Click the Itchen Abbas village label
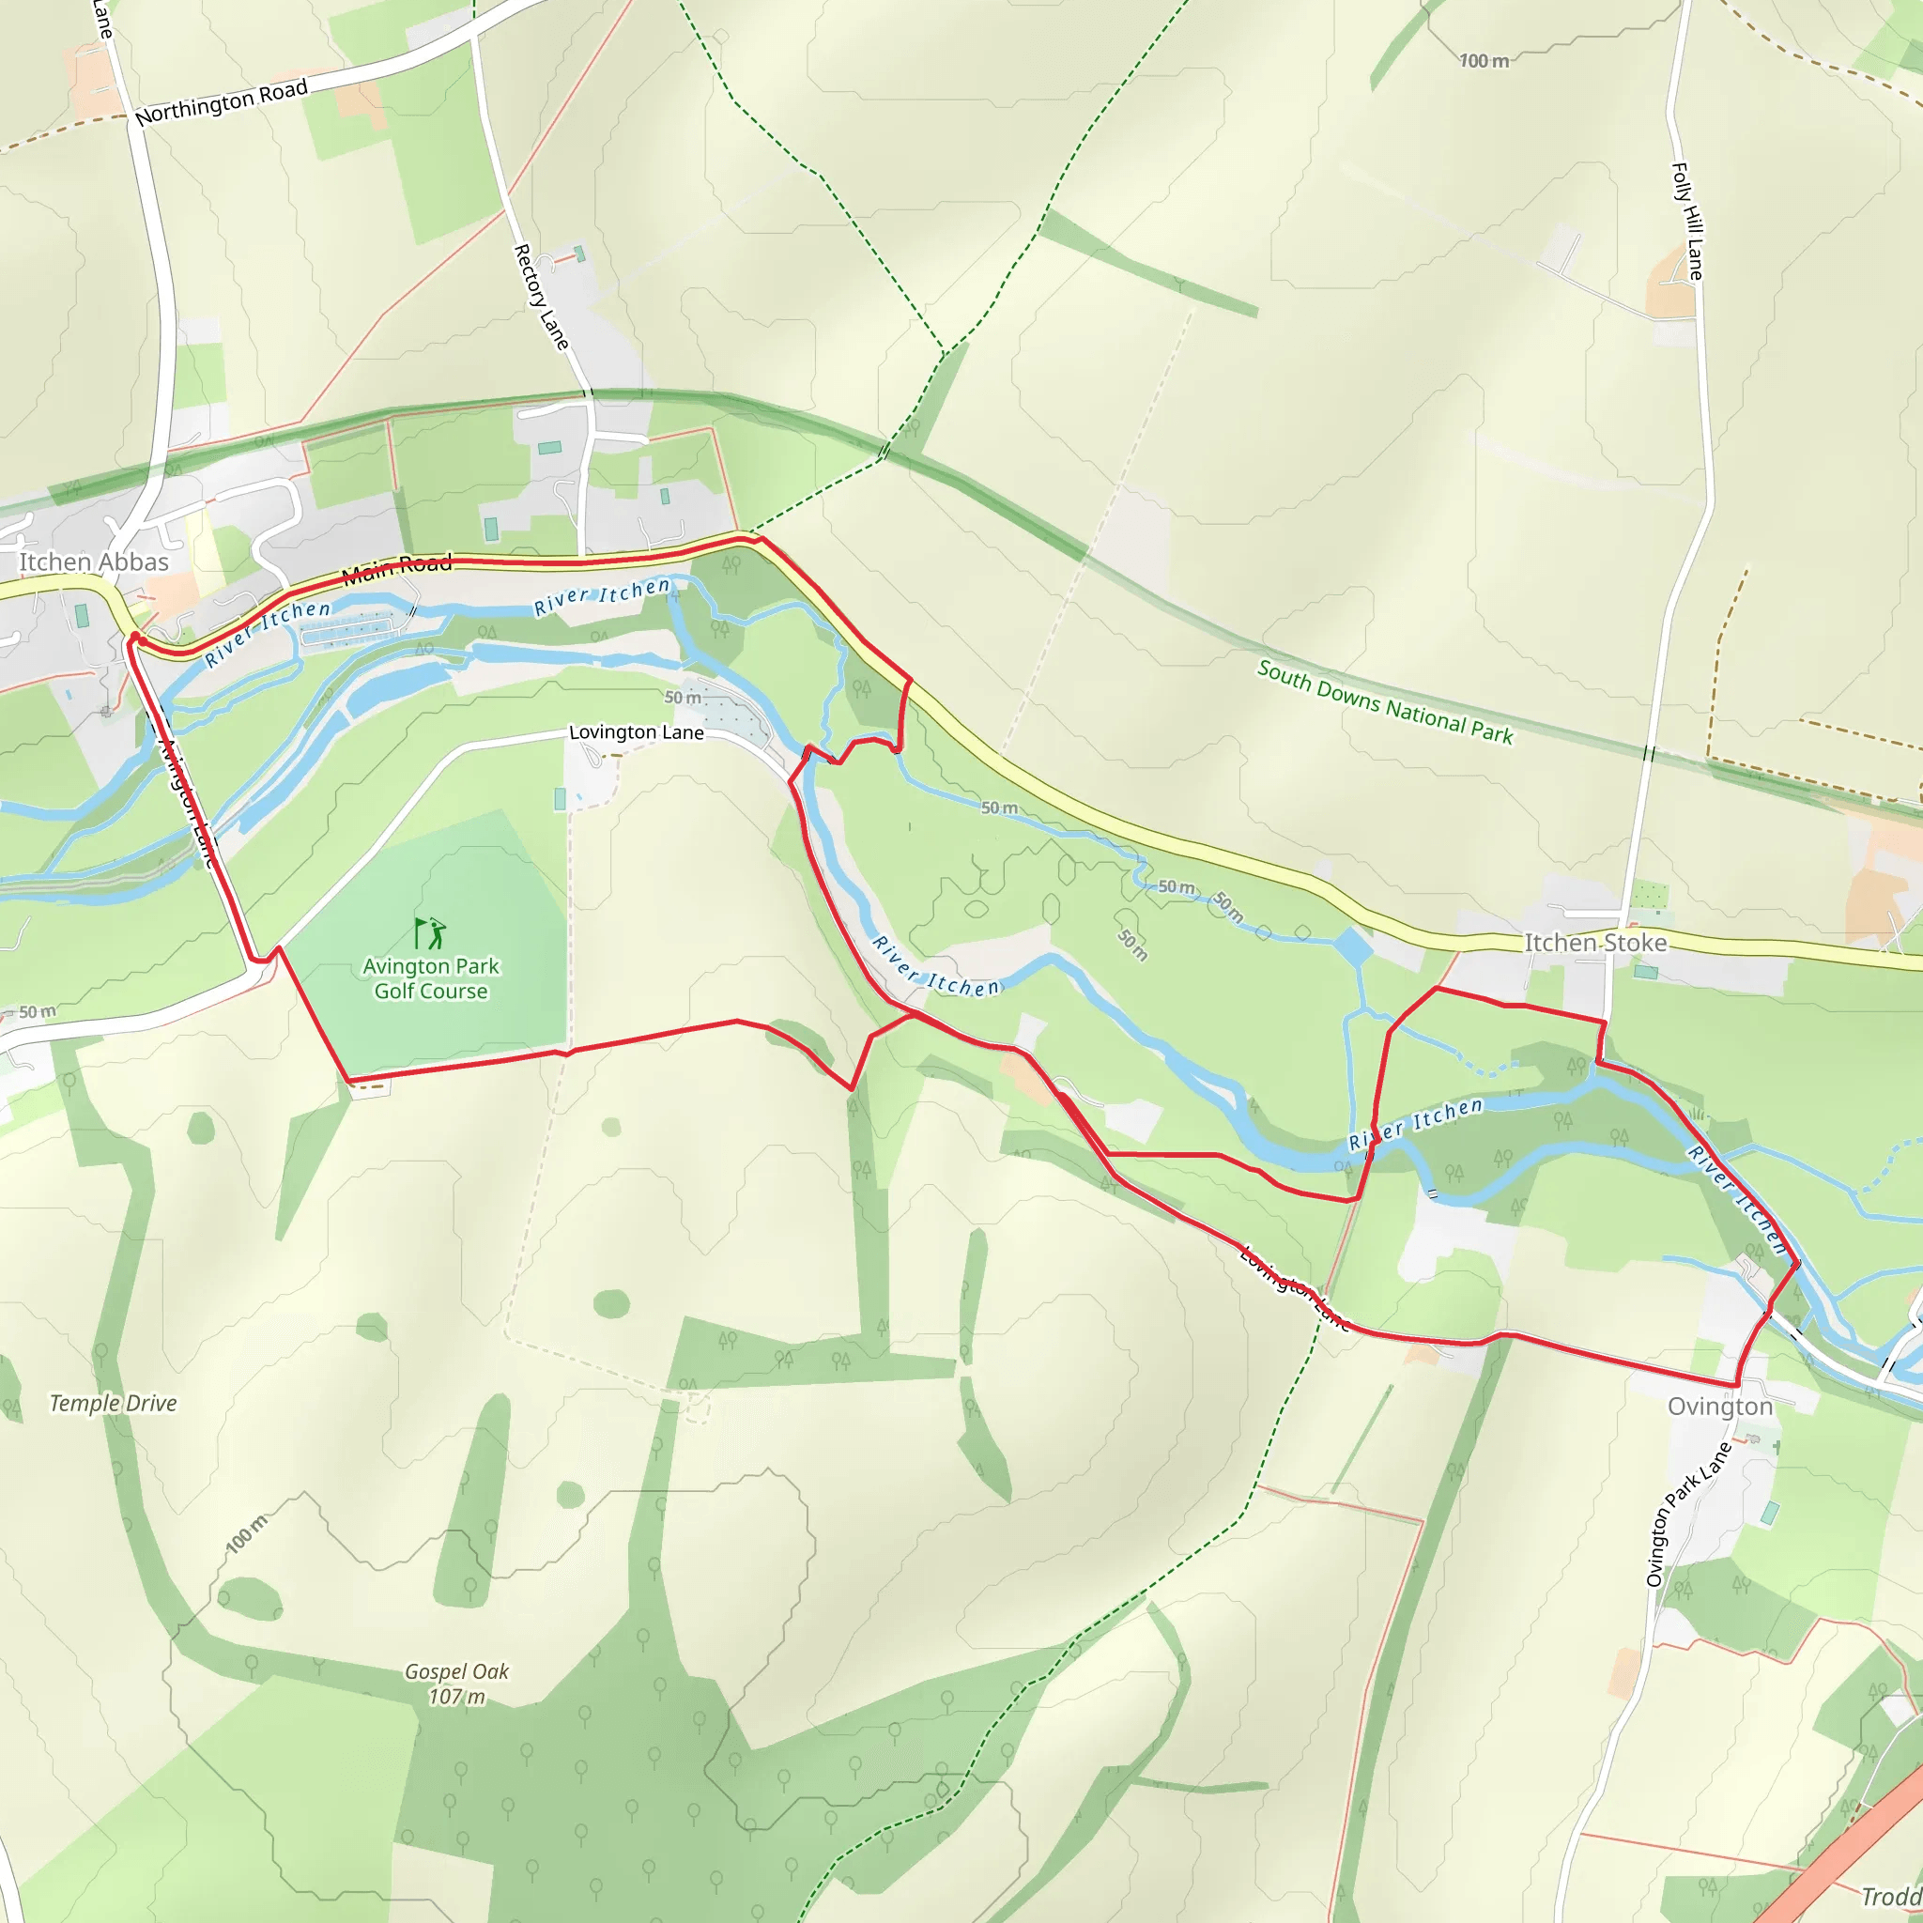point(95,562)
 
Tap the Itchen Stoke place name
point(1595,943)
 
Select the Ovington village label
point(1720,1407)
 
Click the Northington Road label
point(221,102)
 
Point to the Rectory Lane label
point(541,297)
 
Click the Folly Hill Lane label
point(1687,221)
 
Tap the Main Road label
point(396,568)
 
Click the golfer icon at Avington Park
point(430,932)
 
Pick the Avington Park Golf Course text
point(431,978)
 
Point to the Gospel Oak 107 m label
point(457,1685)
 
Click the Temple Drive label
point(114,1404)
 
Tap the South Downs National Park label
point(1385,701)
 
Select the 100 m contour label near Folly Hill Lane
point(1483,62)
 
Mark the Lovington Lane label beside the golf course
point(636,732)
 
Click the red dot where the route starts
point(134,636)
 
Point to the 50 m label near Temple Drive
point(37,1012)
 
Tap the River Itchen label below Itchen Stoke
point(1415,1125)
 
